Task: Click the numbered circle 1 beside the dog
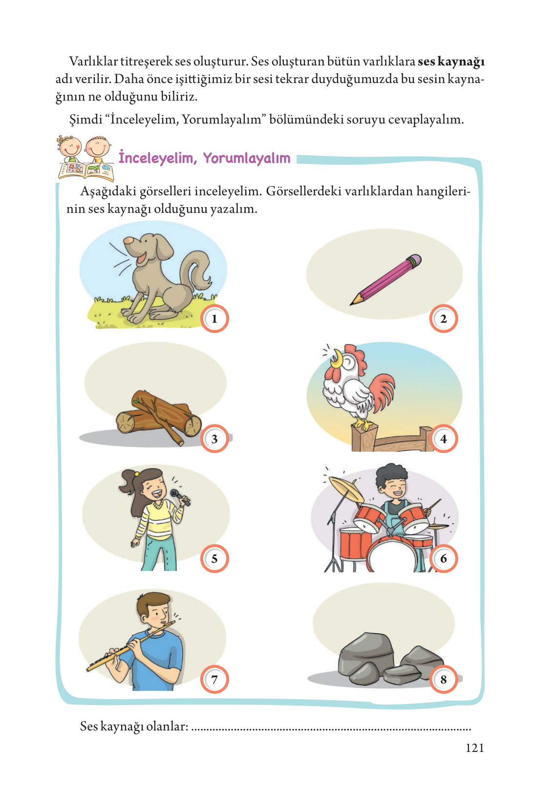click(x=214, y=319)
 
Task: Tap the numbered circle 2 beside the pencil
click(x=443, y=319)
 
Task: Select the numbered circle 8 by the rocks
click(x=443, y=679)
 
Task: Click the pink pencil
click(x=386, y=279)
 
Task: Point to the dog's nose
click(x=128, y=240)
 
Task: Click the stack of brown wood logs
click(x=159, y=416)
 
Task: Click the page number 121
click(x=474, y=748)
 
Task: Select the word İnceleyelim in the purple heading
click(x=156, y=158)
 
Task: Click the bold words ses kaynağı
click(x=451, y=62)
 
